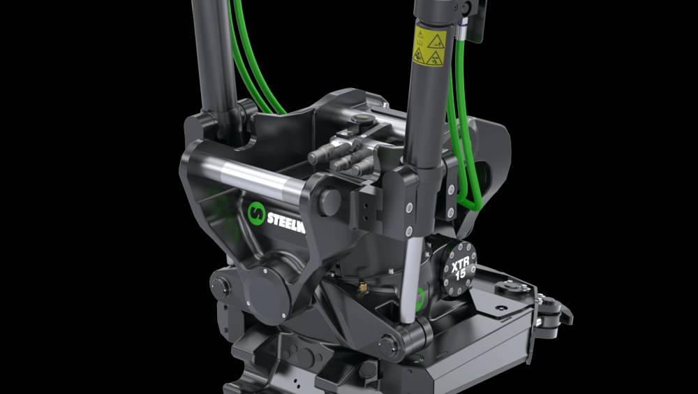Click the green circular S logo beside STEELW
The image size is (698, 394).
(x=255, y=212)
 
